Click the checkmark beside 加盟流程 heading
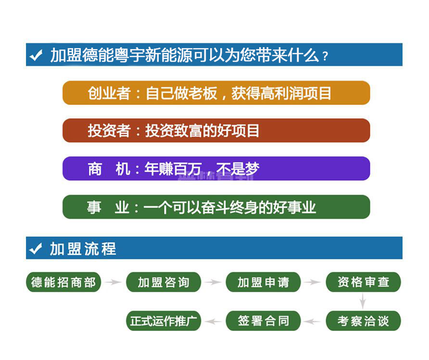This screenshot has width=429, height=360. pos(36,248)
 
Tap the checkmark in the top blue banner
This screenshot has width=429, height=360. pos(36,55)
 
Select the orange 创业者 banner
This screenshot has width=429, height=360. pos(216,93)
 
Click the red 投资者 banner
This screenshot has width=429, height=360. pos(216,130)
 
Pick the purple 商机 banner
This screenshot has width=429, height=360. pos(216,168)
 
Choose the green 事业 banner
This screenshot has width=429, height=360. pos(216,206)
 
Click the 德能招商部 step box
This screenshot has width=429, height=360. pos(63,282)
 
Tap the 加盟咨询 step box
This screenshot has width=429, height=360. pos(164,282)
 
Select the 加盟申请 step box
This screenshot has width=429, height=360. pos(263,282)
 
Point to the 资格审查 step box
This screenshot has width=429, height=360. pos(363,282)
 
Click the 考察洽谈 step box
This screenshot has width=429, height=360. pos(363,321)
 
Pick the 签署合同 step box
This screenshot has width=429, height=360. pos(263,321)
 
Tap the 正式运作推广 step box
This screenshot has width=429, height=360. pos(164,321)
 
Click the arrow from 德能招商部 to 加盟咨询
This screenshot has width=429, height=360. pos(114,282)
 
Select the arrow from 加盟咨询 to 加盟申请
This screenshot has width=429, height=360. pos(213,282)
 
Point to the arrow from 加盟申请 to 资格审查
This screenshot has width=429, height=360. pos(313,282)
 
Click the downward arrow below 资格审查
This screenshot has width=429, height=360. pos(363,301)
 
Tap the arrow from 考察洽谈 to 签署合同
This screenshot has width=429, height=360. pos(313,321)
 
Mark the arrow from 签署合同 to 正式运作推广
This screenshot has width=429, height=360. pos(213,321)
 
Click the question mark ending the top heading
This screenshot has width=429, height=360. pos(325,56)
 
